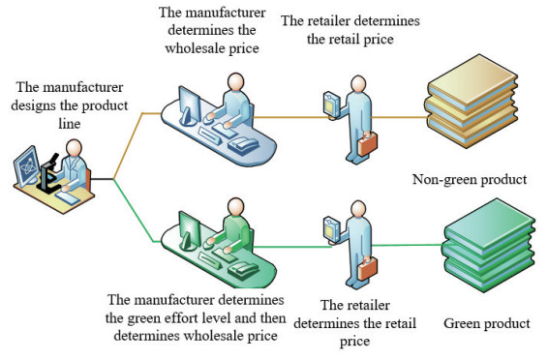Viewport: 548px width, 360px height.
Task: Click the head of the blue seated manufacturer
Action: [232, 83]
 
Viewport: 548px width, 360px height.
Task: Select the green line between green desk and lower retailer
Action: [290, 247]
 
